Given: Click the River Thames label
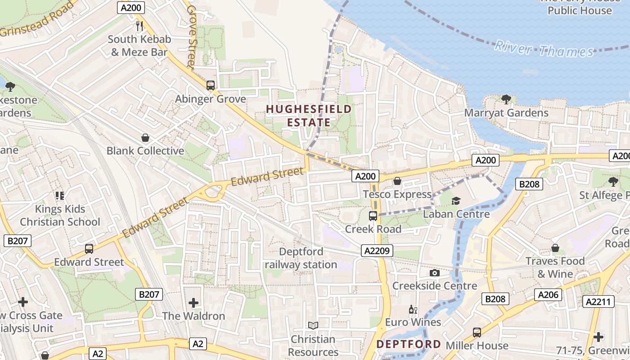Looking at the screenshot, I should pyautogui.click(x=544, y=49).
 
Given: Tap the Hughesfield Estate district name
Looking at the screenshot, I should pyautogui.click(x=309, y=116).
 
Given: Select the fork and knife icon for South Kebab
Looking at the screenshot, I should pyautogui.click(x=139, y=26).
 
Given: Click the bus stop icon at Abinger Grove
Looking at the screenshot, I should pyautogui.click(x=210, y=85).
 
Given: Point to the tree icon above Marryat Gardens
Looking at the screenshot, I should pyautogui.click(x=506, y=99).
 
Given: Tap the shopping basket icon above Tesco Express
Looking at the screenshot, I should pyautogui.click(x=397, y=181).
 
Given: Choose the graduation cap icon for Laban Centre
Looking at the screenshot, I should pyautogui.click(x=456, y=201).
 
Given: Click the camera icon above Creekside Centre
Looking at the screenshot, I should pyautogui.click(x=434, y=273).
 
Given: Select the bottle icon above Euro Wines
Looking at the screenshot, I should pyautogui.click(x=413, y=309).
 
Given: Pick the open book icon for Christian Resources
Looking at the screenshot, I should pyautogui.click(x=313, y=325).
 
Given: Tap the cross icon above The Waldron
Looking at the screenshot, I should pyautogui.click(x=193, y=303).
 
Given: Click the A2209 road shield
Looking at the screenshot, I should pyautogui.click(x=377, y=251).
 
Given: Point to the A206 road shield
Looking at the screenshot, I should pyautogui.click(x=549, y=295).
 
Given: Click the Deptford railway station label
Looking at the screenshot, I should pyautogui.click(x=301, y=258).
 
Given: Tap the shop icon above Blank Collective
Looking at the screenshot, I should pyautogui.click(x=145, y=138).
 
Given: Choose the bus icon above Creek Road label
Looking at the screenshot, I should pyautogui.click(x=373, y=216).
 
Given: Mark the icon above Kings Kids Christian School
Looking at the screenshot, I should pyautogui.click(x=60, y=196).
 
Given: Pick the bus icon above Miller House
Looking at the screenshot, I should pyautogui.click(x=477, y=333).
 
